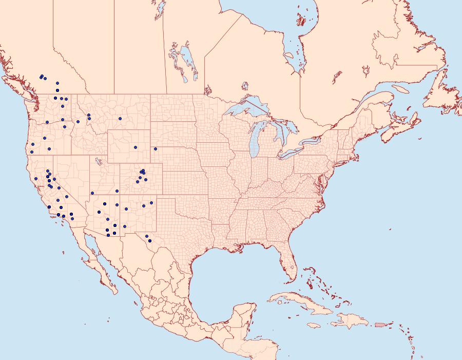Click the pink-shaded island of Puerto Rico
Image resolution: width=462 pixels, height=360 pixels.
pyautogui.click(x=380, y=324)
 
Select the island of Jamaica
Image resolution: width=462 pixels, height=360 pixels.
pyautogui.click(x=314, y=325)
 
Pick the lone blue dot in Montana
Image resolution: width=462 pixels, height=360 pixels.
pyautogui.click(x=120, y=119)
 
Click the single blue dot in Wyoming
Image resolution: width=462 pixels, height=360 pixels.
pyautogui.click(x=136, y=147)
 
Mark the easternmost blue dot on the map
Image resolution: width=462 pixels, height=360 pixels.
pyautogui.click(x=155, y=149)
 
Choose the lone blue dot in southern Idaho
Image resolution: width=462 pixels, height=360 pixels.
pyautogui.click(x=78, y=122)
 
